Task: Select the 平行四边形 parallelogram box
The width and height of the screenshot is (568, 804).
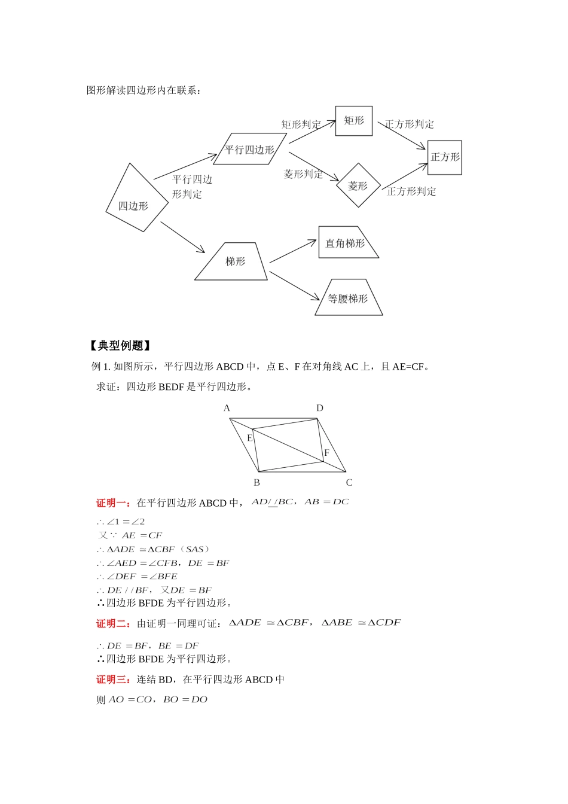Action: [249, 149]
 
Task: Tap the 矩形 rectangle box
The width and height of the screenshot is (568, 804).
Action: [354, 121]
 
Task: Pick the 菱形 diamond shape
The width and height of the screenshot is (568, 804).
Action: [358, 185]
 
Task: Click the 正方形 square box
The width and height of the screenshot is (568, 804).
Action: [445, 157]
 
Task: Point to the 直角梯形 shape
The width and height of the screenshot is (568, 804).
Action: [347, 243]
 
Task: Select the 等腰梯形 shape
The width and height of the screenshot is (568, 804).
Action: [349, 298]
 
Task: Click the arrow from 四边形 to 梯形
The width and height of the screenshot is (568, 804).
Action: [183, 237]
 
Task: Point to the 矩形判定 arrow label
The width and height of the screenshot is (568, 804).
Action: [301, 124]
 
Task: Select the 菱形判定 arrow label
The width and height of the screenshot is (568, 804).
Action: [303, 174]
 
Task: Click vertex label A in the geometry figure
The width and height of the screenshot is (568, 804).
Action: [227, 408]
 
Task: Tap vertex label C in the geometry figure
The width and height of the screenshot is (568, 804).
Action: [349, 483]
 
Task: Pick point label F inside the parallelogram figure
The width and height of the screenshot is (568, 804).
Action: [326, 453]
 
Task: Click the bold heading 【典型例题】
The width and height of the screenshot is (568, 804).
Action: [119, 346]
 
